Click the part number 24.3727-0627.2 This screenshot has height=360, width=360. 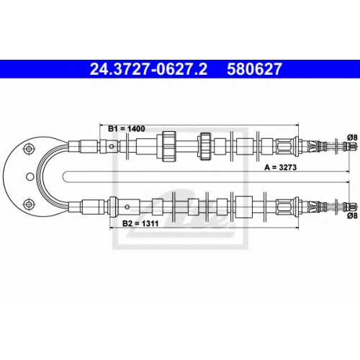(x=148, y=69)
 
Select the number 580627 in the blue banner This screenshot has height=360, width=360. (x=254, y=69)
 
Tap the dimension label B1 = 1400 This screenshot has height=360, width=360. (x=127, y=129)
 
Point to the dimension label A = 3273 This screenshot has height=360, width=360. (x=280, y=167)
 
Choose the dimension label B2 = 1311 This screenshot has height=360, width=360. (x=140, y=223)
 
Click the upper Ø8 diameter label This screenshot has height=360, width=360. (x=352, y=138)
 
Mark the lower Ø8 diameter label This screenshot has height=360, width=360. (x=352, y=216)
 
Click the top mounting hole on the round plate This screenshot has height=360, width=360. (x=29, y=149)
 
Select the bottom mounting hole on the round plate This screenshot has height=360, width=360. (x=29, y=204)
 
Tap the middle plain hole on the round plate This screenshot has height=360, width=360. (x=30, y=177)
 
